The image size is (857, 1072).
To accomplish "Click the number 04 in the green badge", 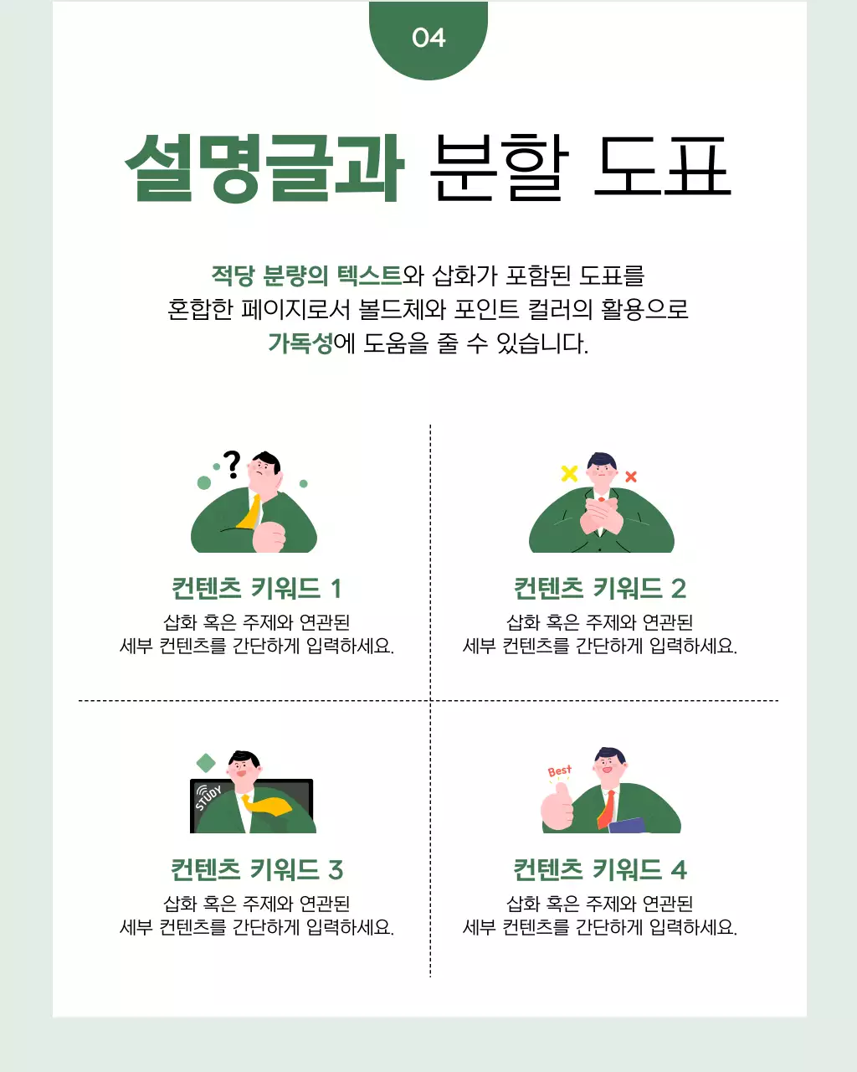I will (x=428, y=38).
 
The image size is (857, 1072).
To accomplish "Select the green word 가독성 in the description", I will (x=300, y=343).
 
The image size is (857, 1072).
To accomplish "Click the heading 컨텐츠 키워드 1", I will (x=256, y=588).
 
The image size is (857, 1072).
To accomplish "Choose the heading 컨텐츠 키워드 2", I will (x=599, y=588).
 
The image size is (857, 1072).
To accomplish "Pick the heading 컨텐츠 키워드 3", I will (x=256, y=869).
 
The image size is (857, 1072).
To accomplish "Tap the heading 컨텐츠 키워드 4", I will (x=599, y=869).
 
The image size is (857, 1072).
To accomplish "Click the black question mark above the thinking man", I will (x=233, y=464).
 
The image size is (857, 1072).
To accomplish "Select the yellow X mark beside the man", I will (x=569, y=473).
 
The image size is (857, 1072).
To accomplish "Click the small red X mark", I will (x=631, y=477).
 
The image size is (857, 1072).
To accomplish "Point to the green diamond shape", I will (x=206, y=763).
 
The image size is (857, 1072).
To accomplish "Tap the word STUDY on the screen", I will (x=208, y=798).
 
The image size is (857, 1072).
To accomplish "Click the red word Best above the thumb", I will (x=559, y=770).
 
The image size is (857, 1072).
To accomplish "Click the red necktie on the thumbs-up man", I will (x=607, y=809).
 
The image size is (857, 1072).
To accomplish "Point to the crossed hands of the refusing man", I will (x=601, y=517).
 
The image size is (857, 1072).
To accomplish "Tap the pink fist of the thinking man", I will (x=269, y=536).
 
